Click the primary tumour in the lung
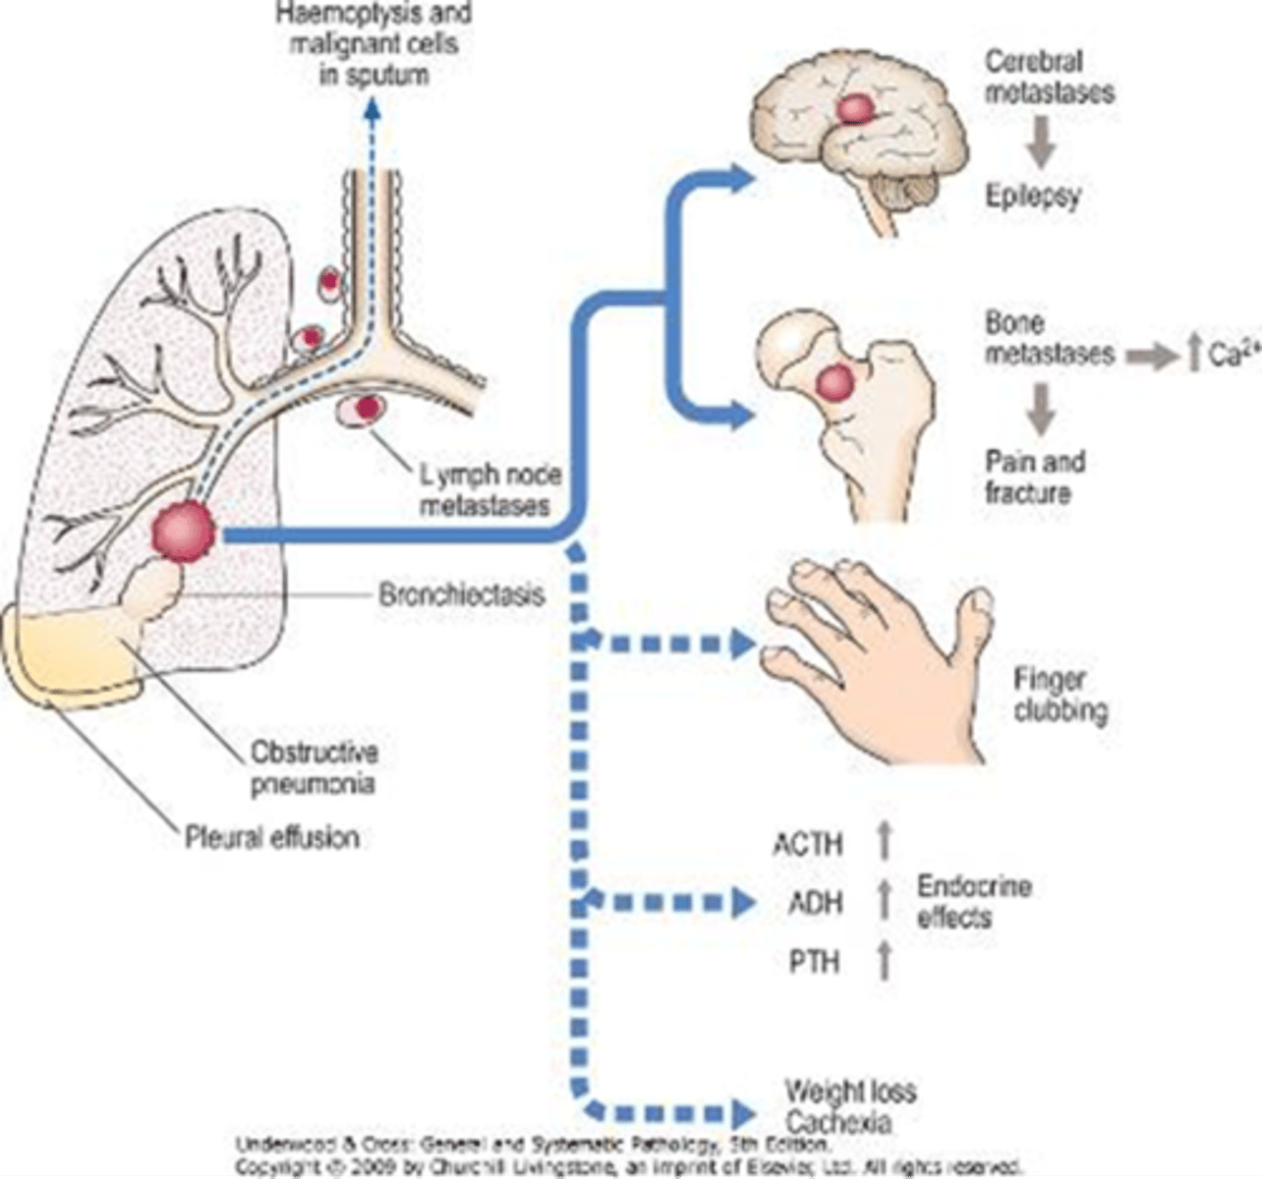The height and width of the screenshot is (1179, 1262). coord(184,532)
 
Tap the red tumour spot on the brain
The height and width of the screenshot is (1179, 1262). coord(856,107)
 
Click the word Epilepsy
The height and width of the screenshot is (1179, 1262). coord(1032,196)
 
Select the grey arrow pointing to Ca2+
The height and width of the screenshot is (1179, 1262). coord(1151,356)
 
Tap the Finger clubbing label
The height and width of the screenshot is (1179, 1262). coord(1059,695)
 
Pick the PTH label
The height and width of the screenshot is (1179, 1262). coord(814,960)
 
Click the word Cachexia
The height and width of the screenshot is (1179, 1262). coord(838,1122)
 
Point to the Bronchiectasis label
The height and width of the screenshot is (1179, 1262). coord(461,595)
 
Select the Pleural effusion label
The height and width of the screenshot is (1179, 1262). coord(271,838)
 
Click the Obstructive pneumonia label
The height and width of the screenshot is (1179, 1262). coord(314,768)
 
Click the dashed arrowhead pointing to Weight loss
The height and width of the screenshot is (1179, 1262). coord(743,1114)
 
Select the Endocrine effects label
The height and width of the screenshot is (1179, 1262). coord(973,901)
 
